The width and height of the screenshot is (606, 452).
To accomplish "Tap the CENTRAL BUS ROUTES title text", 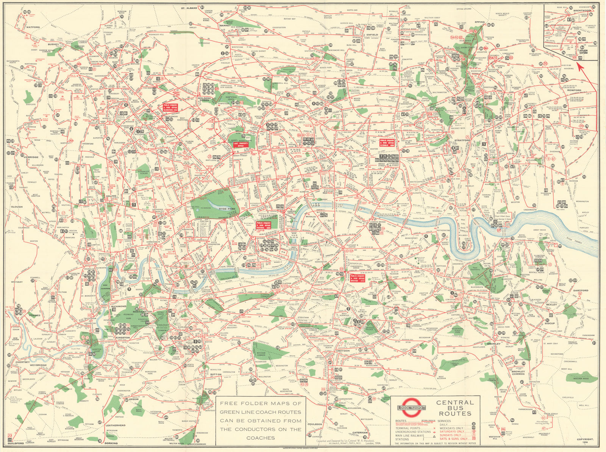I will click(454, 408).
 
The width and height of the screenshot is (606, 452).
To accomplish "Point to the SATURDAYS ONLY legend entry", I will click(451, 432).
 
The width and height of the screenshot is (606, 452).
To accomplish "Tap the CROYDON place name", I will click(343, 351).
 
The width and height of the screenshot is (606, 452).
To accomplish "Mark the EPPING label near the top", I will click(480, 22).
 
